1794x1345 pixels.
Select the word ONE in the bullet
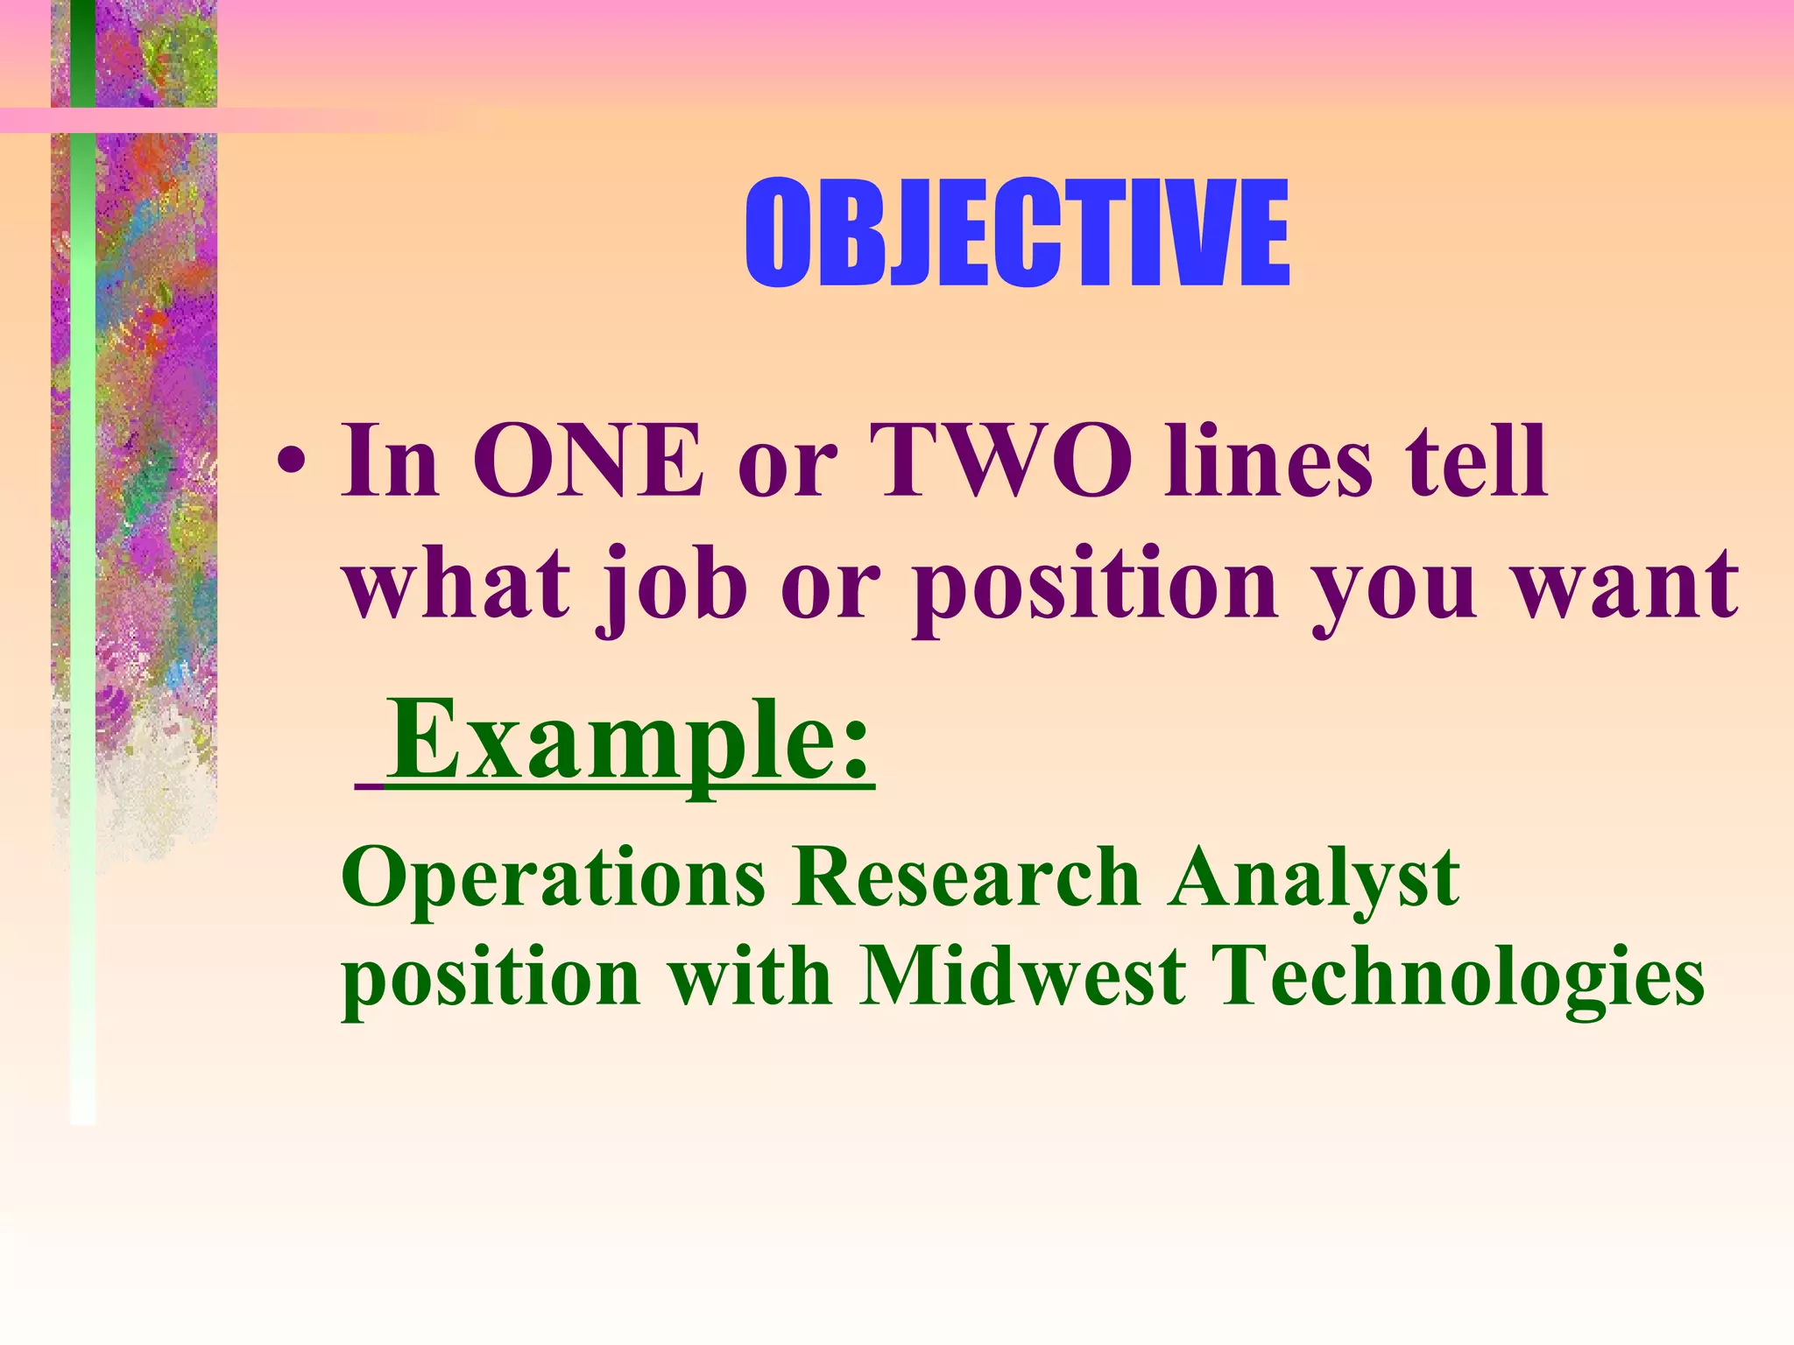(x=588, y=461)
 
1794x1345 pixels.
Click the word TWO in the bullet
(x=999, y=461)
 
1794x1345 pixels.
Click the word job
(x=670, y=585)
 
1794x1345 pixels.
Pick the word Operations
(x=553, y=878)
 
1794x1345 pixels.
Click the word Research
(x=964, y=878)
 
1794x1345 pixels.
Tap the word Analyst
(x=1314, y=878)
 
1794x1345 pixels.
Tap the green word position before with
(x=491, y=979)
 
